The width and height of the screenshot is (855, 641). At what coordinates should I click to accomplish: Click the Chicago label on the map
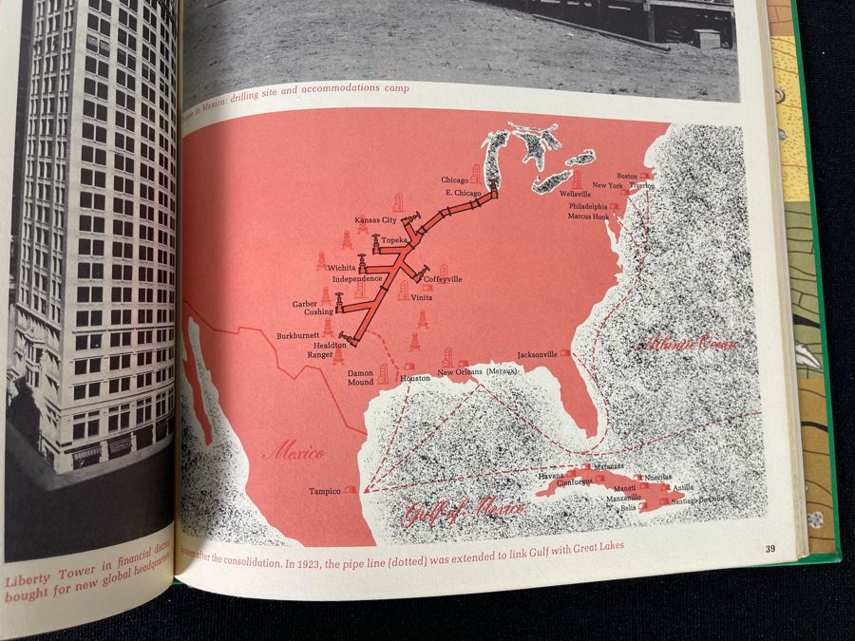click(453, 179)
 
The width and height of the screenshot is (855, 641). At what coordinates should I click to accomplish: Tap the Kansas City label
click(374, 219)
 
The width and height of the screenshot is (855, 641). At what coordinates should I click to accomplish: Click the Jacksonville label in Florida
click(538, 354)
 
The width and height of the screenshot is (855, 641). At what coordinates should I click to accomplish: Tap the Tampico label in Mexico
click(325, 491)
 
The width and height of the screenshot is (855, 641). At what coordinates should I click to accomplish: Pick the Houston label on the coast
click(415, 378)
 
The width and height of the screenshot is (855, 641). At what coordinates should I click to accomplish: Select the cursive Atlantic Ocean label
click(690, 342)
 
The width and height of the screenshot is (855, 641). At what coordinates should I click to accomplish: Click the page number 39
click(770, 548)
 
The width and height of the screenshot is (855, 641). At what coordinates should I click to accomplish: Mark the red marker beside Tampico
click(351, 489)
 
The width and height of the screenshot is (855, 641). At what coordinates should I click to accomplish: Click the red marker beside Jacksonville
click(566, 352)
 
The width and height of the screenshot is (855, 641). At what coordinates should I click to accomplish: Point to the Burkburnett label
click(298, 336)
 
